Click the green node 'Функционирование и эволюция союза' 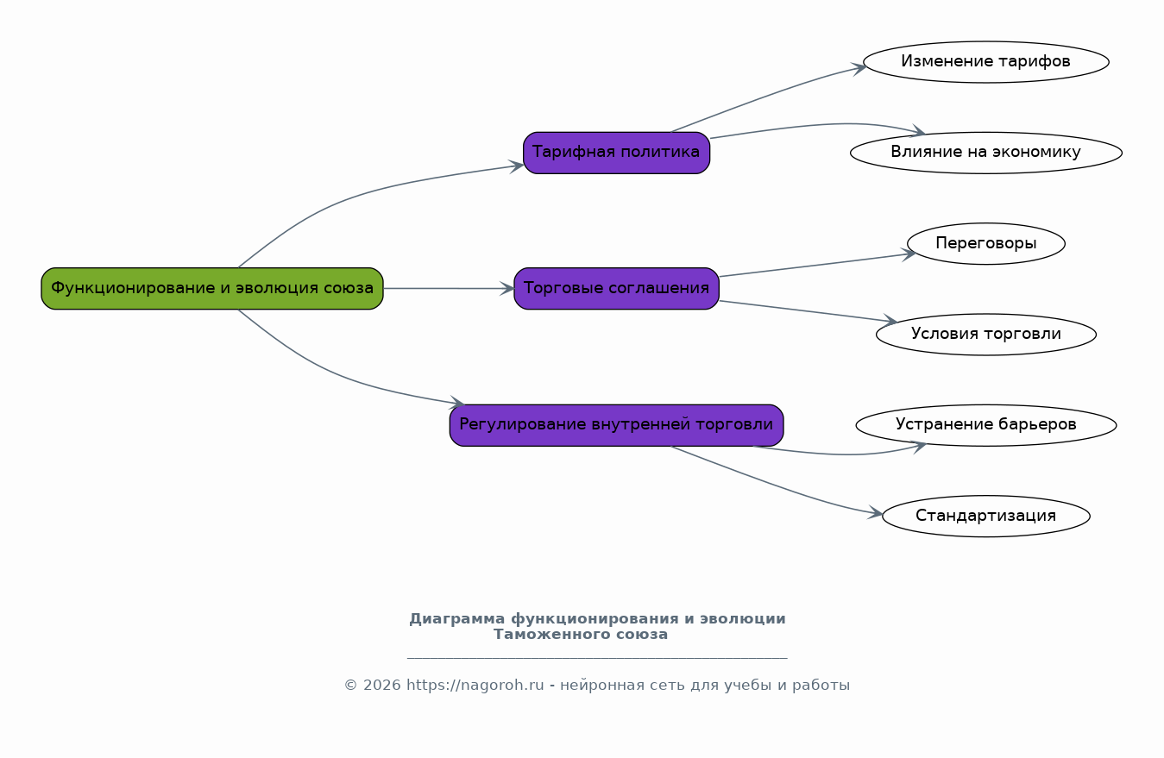tap(212, 289)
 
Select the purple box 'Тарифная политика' tap(616, 153)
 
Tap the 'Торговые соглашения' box tap(616, 289)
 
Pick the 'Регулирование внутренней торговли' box tap(616, 425)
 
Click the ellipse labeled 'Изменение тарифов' tap(986, 62)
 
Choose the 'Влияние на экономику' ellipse tap(986, 153)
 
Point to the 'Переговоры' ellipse tap(986, 243)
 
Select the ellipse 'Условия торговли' tap(986, 335)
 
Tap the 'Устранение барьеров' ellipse tap(986, 425)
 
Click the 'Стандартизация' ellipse tap(986, 516)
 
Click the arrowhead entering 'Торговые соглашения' tap(507, 289)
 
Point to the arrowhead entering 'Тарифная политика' tap(517, 166)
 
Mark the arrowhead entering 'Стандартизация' tap(876, 512)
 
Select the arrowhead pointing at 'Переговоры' tap(909, 254)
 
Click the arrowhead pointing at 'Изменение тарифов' tap(859, 68)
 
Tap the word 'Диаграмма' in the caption tap(456, 619)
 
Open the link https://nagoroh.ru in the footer tap(475, 686)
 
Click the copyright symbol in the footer tap(351, 686)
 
